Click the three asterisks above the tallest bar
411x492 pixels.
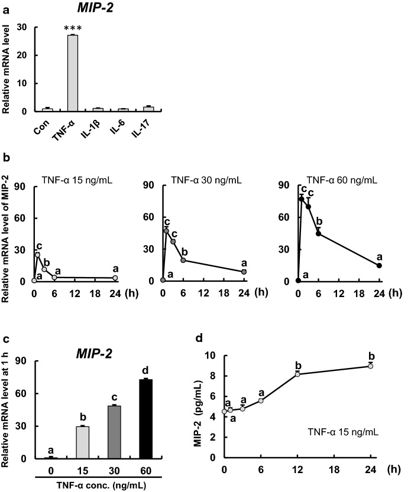click(73, 30)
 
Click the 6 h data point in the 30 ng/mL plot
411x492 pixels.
click(183, 260)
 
